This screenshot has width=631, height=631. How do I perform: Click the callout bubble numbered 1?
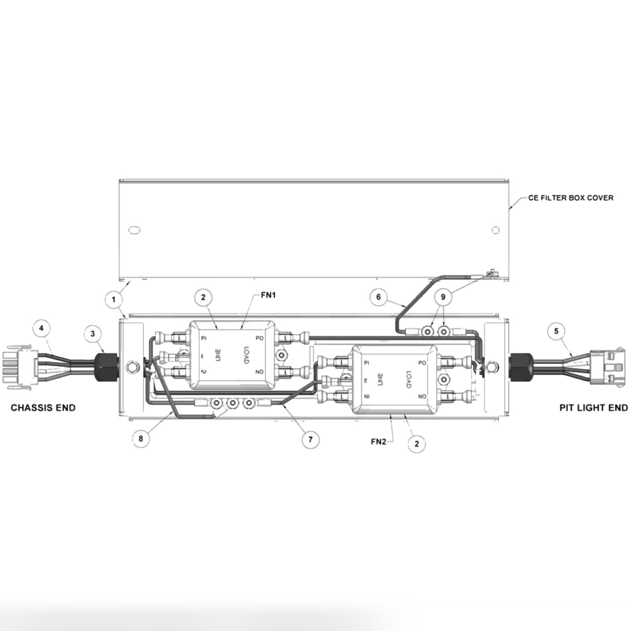(114, 299)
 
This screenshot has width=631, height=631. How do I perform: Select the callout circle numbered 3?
(93, 334)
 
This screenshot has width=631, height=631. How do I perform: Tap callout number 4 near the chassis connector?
(41, 328)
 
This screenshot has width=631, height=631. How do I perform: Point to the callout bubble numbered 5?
(556, 331)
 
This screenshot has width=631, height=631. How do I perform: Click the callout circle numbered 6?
(379, 297)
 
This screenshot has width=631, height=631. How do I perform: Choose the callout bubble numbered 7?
(310, 439)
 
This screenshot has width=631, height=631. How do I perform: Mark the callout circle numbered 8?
(141, 439)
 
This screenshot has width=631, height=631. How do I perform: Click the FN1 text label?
(269, 295)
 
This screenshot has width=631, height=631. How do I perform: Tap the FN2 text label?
(379, 441)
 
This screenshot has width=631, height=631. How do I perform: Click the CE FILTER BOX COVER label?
(570, 198)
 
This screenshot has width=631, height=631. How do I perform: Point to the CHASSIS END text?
(43, 408)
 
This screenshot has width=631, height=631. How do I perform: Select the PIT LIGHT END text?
(594, 408)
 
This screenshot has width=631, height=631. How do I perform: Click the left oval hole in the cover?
(133, 230)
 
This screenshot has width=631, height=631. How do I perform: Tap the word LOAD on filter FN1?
(245, 355)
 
